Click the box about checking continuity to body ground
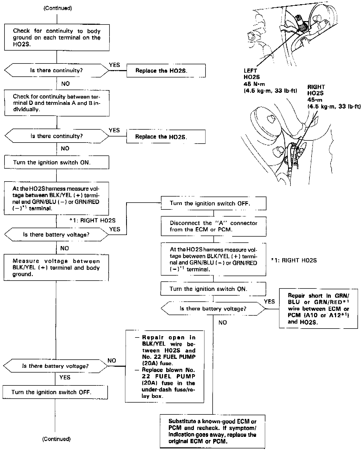[x=57, y=37]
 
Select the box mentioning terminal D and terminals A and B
[x=57, y=103]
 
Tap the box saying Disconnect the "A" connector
[x=213, y=226]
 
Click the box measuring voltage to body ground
[x=56, y=268]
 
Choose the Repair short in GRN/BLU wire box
[x=318, y=309]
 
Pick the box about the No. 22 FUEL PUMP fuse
[x=165, y=366]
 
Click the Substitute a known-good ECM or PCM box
[x=212, y=431]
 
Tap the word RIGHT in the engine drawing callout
[x=316, y=87]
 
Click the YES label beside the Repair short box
[x=269, y=301]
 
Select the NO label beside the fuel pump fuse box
[x=112, y=360]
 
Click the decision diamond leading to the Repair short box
[x=213, y=309]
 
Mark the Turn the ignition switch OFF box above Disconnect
[x=213, y=203]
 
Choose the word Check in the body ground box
[x=21, y=31]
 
